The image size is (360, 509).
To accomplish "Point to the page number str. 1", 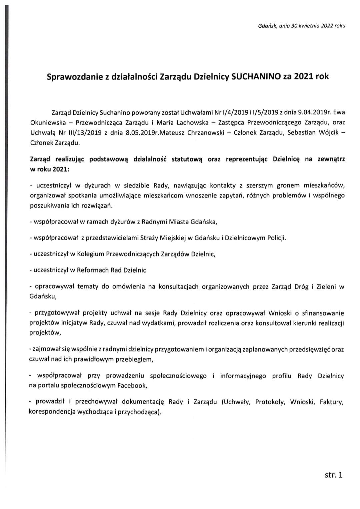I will click(333, 475).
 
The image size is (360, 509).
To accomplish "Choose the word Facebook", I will click(131, 386).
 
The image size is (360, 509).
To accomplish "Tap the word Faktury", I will click(331, 402).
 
